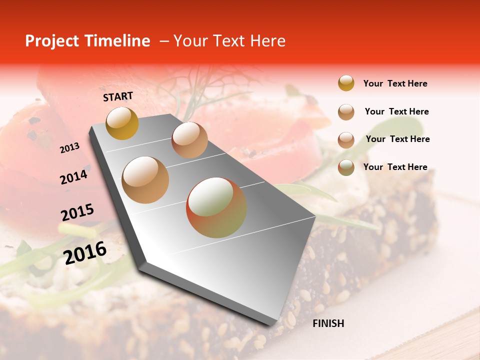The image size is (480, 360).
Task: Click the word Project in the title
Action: tap(52, 41)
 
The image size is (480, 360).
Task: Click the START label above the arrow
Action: tap(118, 96)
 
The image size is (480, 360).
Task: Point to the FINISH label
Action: tap(328, 323)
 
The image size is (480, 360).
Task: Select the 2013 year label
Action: tap(69, 147)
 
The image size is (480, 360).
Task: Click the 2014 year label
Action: tap(73, 177)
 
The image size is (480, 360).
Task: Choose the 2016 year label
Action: tap(85, 253)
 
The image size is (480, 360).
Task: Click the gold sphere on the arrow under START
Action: tap(122, 123)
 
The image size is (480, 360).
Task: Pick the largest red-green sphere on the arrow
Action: tap(216, 207)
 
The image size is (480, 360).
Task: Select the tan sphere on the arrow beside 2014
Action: tap(145, 179)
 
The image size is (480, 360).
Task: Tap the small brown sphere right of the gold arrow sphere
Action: tap(189, 140)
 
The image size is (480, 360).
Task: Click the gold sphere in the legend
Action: tap(346, 83)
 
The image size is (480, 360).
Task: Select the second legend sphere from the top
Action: tap(346, 112)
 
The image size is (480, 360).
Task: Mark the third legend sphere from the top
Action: tap(346, 139)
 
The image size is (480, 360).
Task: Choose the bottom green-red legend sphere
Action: tap(346, 167)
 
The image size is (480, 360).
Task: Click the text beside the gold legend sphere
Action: tap(395, 83)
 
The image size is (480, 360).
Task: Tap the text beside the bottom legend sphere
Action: tap(395, 167)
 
